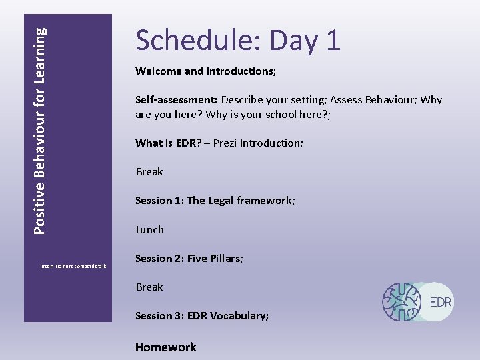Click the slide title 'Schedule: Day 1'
[x=238, y=41]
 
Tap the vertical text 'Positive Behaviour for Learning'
[x=40, y=130]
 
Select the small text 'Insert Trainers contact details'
[x=74, y=266]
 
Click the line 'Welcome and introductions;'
[x=205, y=71]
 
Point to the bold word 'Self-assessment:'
[x=176, y=99]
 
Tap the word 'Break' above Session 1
[x=149, y=172]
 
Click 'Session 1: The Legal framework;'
[x=215, y=201]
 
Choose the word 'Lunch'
[x=149, y=229]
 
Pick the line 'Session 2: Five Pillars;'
[x=189, y=259]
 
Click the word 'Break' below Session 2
[x=149, y=287]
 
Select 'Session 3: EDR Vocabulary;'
[x=202, y=316]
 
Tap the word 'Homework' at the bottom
[x=166, y=347]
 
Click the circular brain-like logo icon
[x=402, y=302]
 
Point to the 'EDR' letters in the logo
[x=441, y=302]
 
